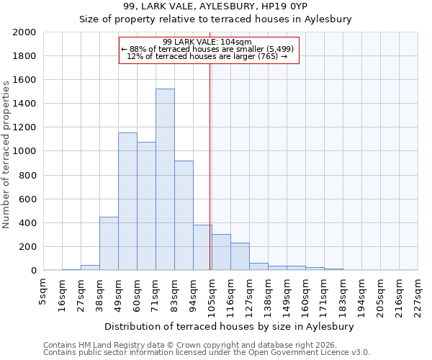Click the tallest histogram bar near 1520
click(165, 179)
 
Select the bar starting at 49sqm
click(127, 202)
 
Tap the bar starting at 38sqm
click(109, 243)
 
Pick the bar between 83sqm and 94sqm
click(184, 215)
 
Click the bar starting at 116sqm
click(240, 256)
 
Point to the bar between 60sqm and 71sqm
click(146, 206)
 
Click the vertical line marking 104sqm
click(210, 166)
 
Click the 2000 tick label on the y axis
click(24, 32)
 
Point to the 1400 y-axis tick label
click(24, 104)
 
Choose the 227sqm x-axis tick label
click(418, 294)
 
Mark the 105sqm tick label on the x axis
click(212, 294)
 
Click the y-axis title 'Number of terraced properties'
click(6, 154)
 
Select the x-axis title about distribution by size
click(234, 326)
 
